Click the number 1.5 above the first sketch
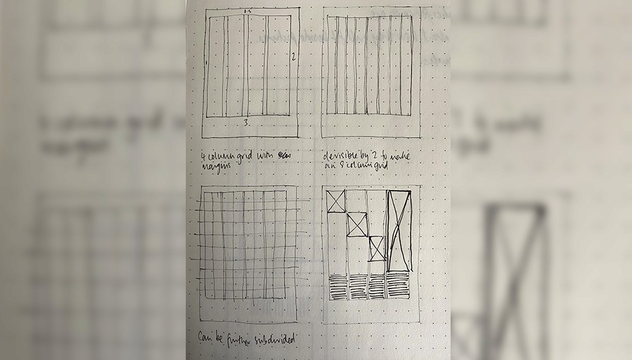(246, 11)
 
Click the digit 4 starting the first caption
(202, 153)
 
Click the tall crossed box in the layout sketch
(399, 229)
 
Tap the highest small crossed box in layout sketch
(336, 201)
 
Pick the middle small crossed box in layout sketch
(357, 224)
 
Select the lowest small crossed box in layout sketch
(377, 248)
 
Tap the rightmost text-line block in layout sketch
(399, 285)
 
